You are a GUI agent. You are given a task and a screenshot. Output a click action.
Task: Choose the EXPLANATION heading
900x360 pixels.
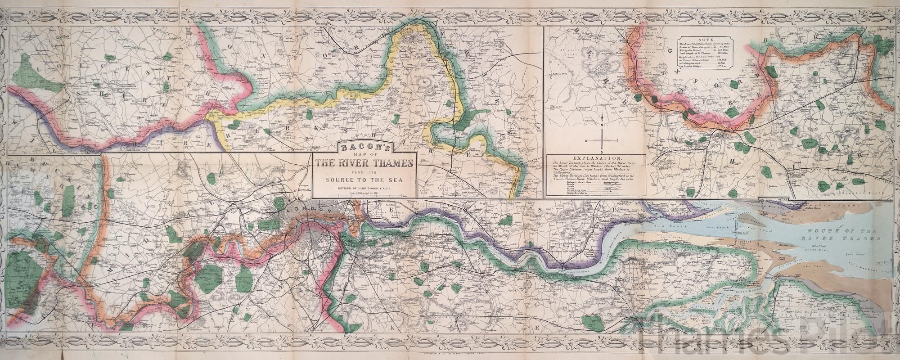point(595,159)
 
